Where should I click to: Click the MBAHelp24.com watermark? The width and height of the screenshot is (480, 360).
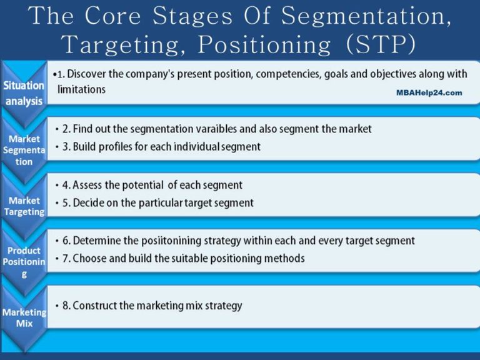click(x=429, y=92)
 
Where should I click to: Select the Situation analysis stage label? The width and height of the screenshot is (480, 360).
click(x=24, y=93)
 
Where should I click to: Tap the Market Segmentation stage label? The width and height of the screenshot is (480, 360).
click(x=24, y=150)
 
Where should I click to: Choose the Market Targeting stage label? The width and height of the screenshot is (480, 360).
click(x=24, y=206)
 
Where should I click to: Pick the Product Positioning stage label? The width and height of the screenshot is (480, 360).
click(x=24, y=262)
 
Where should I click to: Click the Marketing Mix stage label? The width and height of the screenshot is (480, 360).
click(x=24, y=317)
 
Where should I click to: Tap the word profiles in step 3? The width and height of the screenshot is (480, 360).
click(x=121, y=147)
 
